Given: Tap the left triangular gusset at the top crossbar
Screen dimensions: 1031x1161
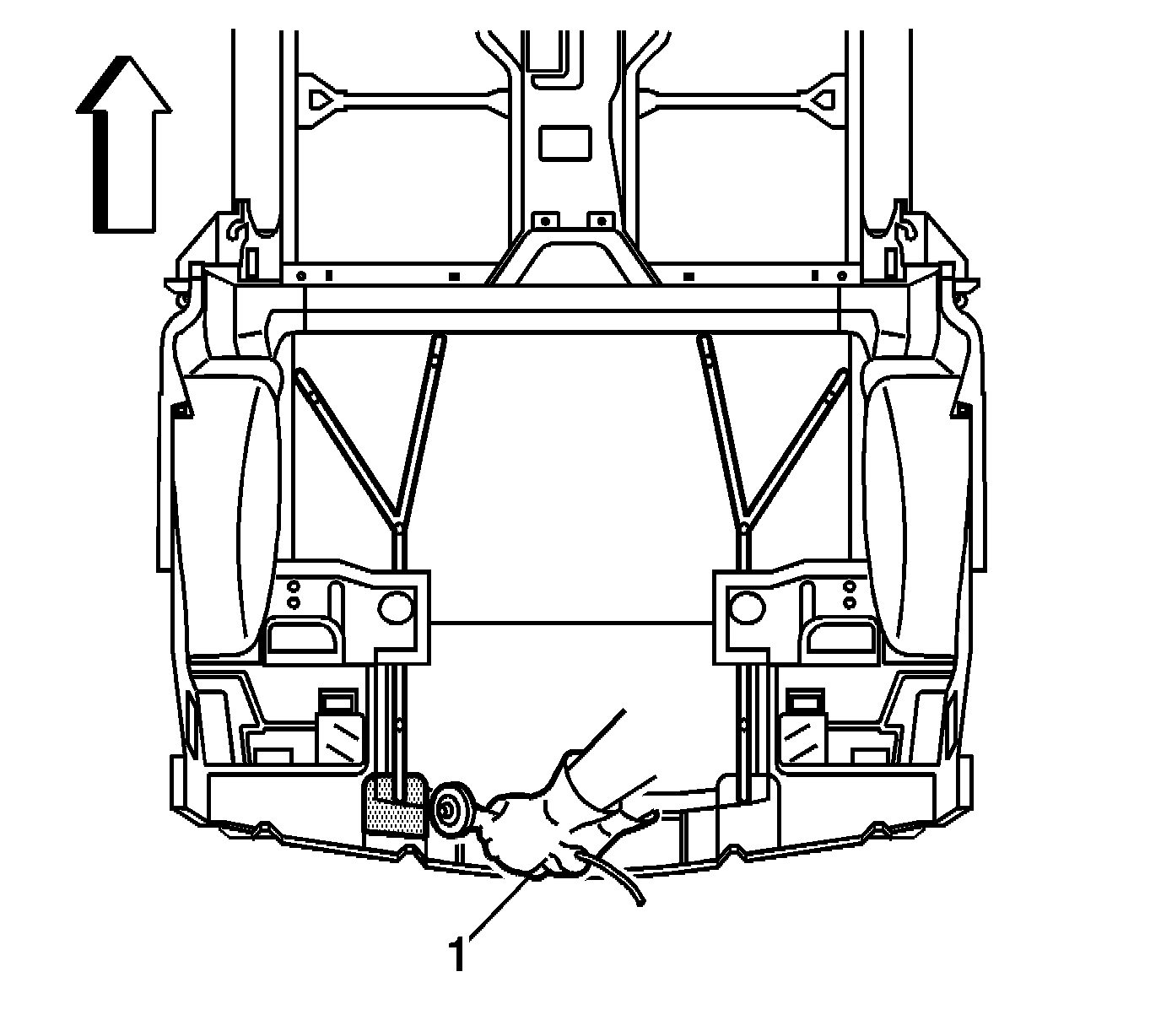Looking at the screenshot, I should [x=321, y=99].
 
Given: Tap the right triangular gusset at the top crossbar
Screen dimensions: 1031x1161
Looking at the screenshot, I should [x=820, y=99].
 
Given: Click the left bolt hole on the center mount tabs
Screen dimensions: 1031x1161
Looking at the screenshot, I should [x=544, y=220].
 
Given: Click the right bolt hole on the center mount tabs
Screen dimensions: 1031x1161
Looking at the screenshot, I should [x=600, y=220].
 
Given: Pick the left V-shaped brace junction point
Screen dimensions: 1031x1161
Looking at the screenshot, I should [x=396, y=526].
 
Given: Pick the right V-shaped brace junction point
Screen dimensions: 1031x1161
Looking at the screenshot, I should [x=745, y=526].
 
